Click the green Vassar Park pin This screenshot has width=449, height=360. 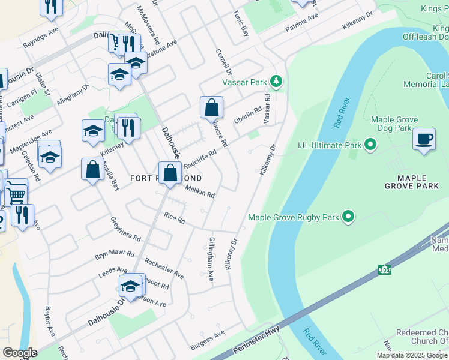(276, 80)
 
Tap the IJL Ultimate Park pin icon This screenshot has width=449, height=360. (370, 145)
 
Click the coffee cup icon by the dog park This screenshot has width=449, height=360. (424, 139)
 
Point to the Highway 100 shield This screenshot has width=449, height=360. (384, 270)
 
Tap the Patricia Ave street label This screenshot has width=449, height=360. (301, 23)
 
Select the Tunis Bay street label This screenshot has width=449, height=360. (240, 23)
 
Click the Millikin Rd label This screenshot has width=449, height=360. (200, 191)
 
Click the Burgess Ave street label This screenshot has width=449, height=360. (207, 340)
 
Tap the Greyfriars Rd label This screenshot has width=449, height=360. (125, 229)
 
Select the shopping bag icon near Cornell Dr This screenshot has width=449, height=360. (211, 109)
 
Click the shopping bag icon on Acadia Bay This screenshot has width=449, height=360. (93, 170)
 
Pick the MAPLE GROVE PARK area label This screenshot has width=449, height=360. (412, 182)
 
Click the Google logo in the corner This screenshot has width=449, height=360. (19, 353)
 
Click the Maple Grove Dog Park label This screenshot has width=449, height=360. (391, 124)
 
